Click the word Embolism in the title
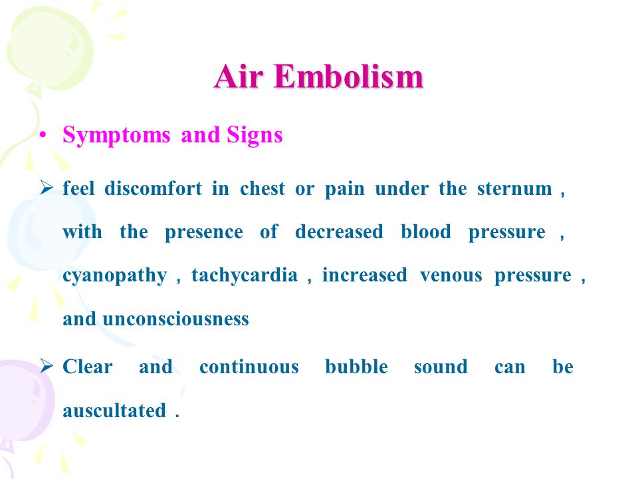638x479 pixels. [349, 76]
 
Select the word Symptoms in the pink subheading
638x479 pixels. [116, 136]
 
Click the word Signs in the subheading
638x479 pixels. [255, 136]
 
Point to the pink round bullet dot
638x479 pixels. [43, 135]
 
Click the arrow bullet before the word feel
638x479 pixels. [47, 188]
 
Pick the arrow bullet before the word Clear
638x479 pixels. [47, 365]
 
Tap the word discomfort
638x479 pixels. [153, 188]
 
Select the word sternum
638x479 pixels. [514, 189]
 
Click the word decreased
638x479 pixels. [340, 232]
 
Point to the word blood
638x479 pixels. [426, 232]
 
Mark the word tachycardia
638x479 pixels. [245, 275]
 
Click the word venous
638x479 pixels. [451, 275]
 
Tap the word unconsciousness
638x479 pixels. [175, 319]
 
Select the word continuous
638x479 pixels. [249, 367]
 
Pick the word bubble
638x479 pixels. [356, 367]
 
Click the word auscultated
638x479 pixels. [114, 410]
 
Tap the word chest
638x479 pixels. [263, 189]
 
